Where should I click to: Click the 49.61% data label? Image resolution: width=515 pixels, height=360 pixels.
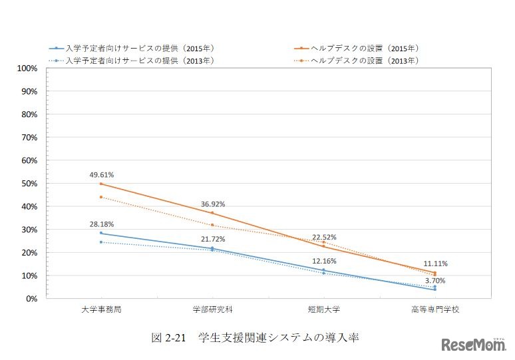pos(102,175)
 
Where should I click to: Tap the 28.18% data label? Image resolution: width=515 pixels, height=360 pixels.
pos(102,224)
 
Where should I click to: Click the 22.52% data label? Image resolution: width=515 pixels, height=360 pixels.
pos(324,237)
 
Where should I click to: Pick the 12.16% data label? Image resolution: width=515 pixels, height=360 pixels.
pos(324,261)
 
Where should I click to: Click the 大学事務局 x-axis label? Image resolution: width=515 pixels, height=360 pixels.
pos(101,310)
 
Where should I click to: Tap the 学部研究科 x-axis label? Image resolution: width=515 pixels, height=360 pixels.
pos(212,310)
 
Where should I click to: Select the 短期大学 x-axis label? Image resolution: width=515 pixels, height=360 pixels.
pos(323,310)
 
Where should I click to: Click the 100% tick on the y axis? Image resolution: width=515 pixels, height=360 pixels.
pos(27,69)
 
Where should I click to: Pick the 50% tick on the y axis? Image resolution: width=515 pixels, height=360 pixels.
pos(29,184)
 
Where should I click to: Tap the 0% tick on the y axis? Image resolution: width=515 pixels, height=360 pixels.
pos(31,299)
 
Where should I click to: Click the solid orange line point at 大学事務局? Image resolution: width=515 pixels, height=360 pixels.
pos(101,184)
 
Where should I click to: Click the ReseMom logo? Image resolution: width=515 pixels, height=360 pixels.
pos(473,345)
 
